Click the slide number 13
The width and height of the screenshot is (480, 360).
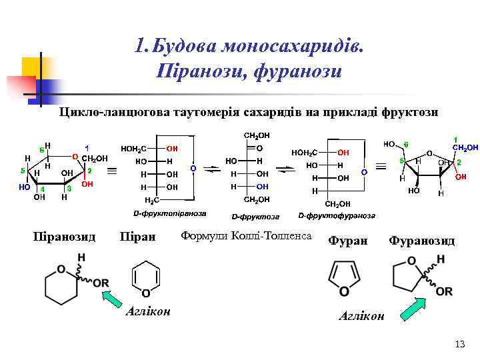(x=459, y=344)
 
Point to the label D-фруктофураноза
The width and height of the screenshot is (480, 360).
(x=337, y=215)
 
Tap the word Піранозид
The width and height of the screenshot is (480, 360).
(x=65, y=237)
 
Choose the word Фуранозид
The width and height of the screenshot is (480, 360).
(x=421, y=240)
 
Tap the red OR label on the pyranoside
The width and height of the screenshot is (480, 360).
(x=101, y=283)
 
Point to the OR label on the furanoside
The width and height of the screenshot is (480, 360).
(x=443, y=291)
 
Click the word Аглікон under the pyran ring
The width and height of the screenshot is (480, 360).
(x=147, y=311)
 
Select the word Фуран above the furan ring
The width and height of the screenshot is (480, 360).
(x=347, y=240)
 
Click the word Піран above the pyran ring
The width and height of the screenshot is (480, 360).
(x=137, y=237)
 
